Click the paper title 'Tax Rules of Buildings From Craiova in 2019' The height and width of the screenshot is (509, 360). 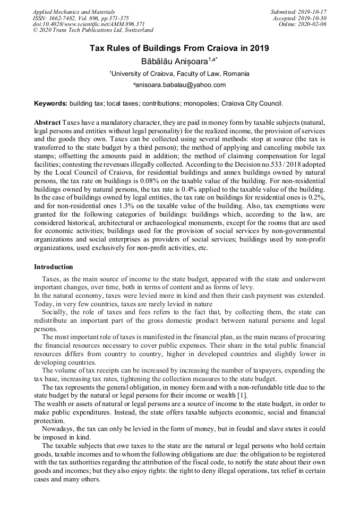[179, 48]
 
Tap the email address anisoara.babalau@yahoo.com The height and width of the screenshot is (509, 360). [179, 85]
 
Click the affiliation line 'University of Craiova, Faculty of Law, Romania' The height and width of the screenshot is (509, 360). [179, 74]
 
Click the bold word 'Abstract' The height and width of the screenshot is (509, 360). [47, 123]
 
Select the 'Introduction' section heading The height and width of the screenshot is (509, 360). [54, 266]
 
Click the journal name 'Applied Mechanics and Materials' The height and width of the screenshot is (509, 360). [73, 11]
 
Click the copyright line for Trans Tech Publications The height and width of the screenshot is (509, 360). [93, 30]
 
